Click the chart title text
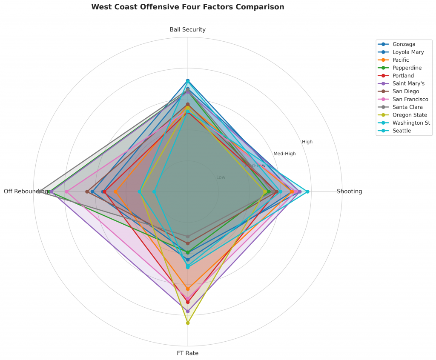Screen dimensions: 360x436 click(187, 7)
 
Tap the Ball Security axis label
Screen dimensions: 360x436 click(187, 29)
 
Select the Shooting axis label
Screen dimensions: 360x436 click(349, 191)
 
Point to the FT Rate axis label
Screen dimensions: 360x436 click(187, 353)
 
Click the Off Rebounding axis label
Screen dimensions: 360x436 click(26, 191)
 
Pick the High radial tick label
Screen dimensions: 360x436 click(307, 142)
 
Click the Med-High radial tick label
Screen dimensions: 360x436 click(284, 154)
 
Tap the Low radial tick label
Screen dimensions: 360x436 click(221, 177)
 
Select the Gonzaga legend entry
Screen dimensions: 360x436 click(404, 44)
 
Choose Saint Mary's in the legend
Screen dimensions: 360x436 click(408, 83)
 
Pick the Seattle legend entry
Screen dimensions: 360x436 click(402, 131)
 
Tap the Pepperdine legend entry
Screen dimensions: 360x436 click(407, 68)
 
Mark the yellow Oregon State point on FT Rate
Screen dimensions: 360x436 click(187, 323)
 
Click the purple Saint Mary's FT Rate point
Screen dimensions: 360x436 click(187, 311)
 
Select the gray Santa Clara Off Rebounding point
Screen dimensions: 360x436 click(39, 191)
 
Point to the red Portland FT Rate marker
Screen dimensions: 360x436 click(187, 302)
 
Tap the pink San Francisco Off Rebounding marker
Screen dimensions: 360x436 click(66, 191)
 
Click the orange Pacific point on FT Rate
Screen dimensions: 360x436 click(187, 289)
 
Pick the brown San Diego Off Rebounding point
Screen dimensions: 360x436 click(87, 191)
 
